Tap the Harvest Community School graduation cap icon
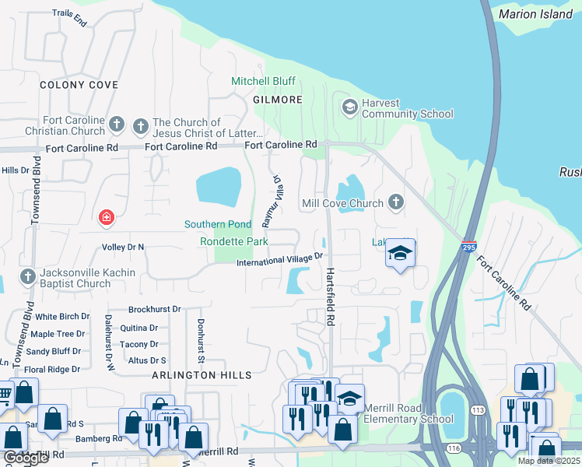[349, 107]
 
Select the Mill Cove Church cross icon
[396, 203]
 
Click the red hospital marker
[105, 219]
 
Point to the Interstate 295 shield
[468, 246]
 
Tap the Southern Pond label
[218, 224]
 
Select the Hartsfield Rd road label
[331, 287]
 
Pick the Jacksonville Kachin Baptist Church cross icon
[27, 278]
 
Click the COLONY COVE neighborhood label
[79, 85]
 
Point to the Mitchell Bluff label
[262, 81]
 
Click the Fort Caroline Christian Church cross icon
[117, 125]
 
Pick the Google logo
[26, 458]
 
